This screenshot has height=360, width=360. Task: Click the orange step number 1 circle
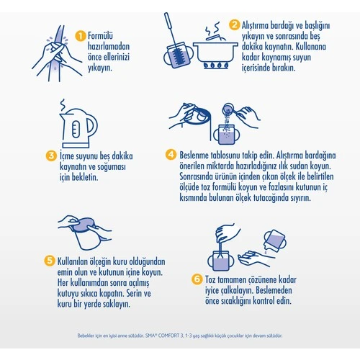point(81,36)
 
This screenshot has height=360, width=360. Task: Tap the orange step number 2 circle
point(234,24)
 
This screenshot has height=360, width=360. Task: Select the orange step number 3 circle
point(51,156)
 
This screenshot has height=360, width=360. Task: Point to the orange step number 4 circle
point(171,154)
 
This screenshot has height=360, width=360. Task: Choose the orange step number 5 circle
point(50,260)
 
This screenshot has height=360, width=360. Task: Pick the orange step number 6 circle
point(197,279)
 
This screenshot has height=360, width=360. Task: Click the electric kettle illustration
point(78,128)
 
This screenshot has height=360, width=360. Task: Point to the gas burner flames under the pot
point(216,66)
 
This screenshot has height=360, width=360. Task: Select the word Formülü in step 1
point(100,36)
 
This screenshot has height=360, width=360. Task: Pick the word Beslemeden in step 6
point(274,290)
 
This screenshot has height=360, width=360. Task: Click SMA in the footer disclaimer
point(150,336)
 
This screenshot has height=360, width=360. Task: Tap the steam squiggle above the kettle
point(63,104)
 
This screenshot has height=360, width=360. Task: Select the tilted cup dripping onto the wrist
point(275,241)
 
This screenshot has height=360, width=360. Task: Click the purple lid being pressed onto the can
point(84,225)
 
